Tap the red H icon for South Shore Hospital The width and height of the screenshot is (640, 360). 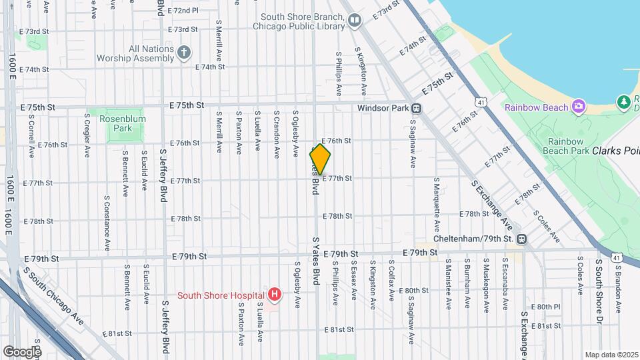point(273,294)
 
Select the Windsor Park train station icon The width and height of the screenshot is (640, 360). point(416,108)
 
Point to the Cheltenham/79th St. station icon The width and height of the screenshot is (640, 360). point(521,238)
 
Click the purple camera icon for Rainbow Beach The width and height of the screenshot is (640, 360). point(579,107)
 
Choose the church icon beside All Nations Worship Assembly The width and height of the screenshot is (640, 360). point(184,53)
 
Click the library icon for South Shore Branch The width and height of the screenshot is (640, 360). point(355,22)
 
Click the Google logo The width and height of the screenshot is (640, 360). point(21,351)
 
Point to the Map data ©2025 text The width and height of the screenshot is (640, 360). point(611,355)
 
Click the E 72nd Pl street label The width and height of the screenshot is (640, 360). point(183,11)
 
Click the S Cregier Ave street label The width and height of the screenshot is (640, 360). point(87,135)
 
